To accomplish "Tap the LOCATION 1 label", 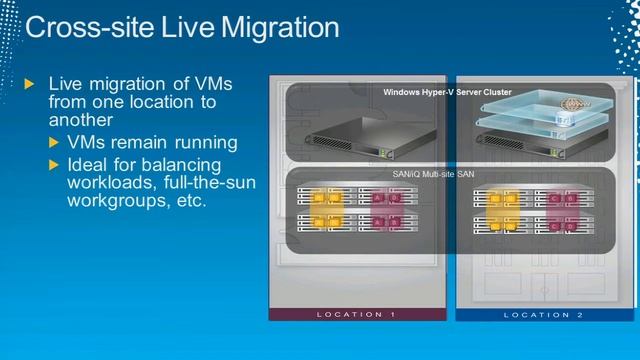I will [356, 314].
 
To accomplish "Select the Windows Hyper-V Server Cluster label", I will [447, 92].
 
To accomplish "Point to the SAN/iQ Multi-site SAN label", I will [435, 174].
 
